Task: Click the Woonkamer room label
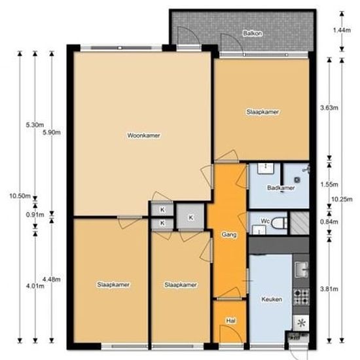[x=144, y=135]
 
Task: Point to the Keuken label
[x=271, y=299]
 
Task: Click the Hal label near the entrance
[x=230, y=321]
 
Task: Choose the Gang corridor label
[x=228, y=234]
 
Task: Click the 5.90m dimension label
[x=50, y=133]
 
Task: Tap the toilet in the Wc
[x=279, y=223]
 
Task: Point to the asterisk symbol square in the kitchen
[x=301, y=323]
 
